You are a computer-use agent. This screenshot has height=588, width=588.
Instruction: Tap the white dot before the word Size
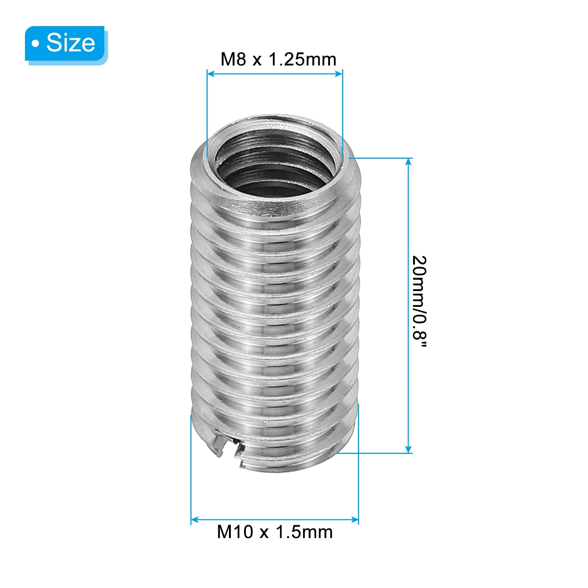tap(35, 44)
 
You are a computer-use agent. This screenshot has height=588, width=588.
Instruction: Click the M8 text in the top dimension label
tap(233, 60)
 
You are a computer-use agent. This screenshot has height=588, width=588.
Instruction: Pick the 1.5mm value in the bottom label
tap(304, 532)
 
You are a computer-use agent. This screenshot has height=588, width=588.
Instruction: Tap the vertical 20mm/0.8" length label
tap(419, 301)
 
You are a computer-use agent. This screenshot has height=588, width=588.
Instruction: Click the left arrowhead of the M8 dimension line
tap(211, 74)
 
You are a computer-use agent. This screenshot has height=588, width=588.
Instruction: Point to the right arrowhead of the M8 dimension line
tap(338, 74)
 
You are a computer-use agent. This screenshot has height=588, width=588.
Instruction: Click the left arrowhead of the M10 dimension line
tap(195, 520)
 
